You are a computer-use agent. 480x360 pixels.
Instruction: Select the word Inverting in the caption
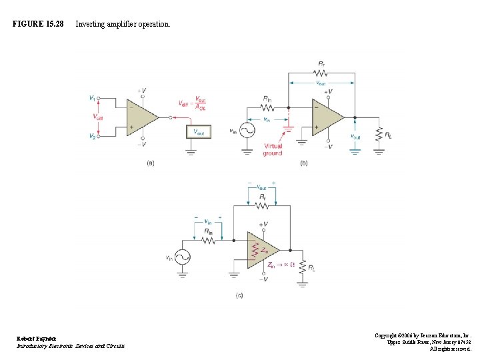90,24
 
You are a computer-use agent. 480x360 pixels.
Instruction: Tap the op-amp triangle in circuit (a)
141,117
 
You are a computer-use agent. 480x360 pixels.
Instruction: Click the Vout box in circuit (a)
199,131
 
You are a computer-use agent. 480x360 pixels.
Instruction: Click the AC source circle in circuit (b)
247,131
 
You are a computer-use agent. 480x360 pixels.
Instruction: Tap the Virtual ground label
273,149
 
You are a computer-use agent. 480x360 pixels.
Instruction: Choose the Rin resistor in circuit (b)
267,107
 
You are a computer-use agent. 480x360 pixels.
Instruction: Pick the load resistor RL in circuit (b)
379,133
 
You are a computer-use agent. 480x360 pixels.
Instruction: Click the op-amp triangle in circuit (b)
327,117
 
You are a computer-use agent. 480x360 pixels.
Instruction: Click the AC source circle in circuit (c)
182,257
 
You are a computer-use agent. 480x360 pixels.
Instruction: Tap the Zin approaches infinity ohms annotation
281,265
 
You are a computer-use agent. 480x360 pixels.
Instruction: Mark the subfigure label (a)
151,163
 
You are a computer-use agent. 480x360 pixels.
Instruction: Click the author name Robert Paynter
37,339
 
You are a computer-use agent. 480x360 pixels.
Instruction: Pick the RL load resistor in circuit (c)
303,266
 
